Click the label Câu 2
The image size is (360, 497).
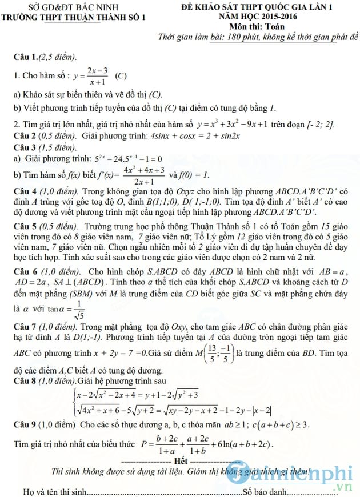point(26,135)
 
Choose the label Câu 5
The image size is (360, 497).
point(26,226)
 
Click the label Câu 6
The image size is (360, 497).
point(26,272)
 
